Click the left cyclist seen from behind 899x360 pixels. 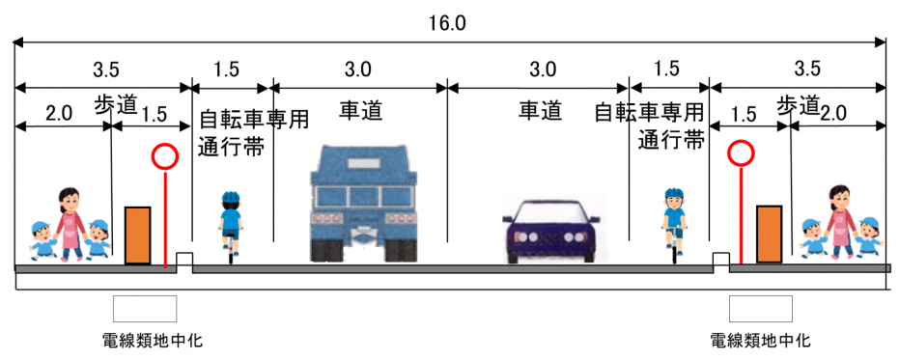point(230,221)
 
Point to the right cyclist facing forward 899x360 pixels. point(673,218)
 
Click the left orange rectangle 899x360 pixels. point(138,235)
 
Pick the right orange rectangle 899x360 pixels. point(769,234)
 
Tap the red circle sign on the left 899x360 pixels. point(165,155)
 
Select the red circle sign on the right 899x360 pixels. point(741,152)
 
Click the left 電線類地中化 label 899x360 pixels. point(152,341)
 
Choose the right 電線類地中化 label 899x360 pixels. point(760,341)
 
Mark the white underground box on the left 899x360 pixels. point(145,309)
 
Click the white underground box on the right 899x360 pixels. point(760,309)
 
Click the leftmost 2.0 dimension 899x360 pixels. point(59,113)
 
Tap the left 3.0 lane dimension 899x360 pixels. point(357,70)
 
